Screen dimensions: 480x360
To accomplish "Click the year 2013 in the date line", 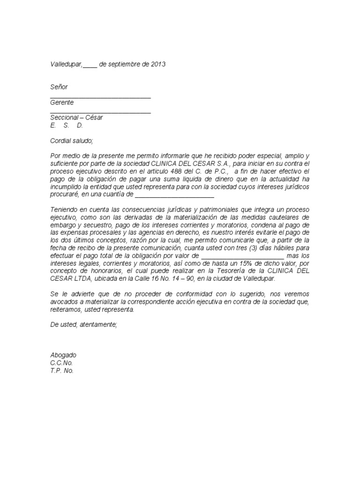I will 158,64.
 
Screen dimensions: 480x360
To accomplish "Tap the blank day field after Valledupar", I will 90,65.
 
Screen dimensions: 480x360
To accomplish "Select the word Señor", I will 59,87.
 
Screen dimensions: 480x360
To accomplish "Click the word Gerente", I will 62,103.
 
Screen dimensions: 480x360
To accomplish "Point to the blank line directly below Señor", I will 100,97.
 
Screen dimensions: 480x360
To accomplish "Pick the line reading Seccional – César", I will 76,118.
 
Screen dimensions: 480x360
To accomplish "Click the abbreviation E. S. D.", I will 67,125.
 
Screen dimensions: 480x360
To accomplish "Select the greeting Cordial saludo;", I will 72,141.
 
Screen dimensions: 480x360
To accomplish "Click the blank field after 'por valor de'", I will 242,256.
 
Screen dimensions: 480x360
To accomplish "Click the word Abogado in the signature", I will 63,355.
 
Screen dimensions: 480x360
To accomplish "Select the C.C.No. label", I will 61,363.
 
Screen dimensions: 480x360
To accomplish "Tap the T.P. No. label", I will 62,370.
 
